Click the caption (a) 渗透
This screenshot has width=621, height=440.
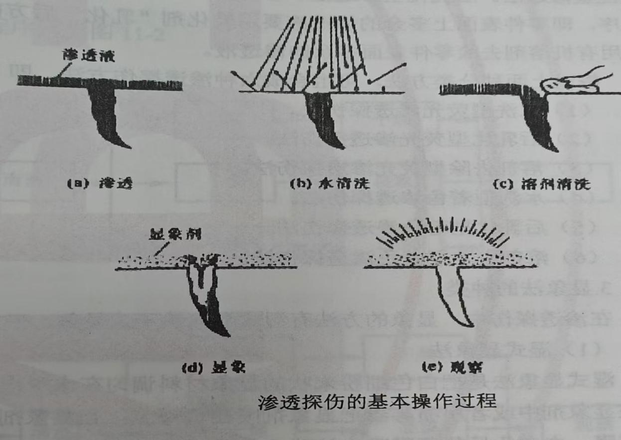pos(95,183)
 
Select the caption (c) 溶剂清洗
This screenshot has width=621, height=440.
pos(541,185)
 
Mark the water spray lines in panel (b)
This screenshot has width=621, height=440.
pos(319,50)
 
